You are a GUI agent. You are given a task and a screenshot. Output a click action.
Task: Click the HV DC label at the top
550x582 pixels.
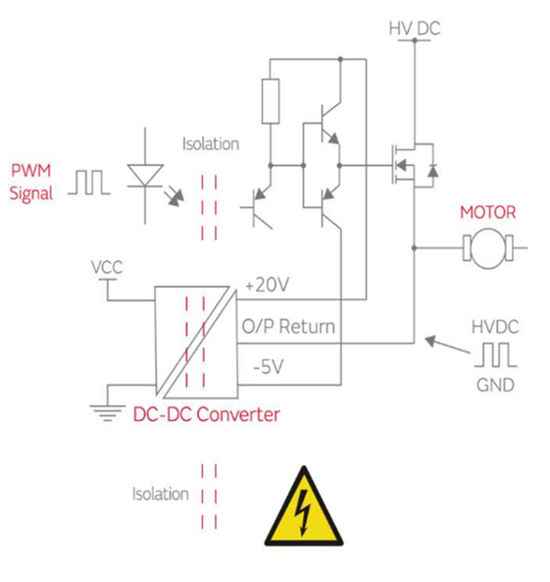414,29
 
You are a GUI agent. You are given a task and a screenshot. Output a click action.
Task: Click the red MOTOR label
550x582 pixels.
487,212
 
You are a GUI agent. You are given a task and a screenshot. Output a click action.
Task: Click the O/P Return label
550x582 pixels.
288,326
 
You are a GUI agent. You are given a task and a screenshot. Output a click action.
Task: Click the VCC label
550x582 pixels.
107,266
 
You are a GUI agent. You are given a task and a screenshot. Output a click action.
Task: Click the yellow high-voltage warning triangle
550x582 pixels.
303,508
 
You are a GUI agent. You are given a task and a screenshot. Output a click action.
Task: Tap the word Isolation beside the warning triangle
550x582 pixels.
160,494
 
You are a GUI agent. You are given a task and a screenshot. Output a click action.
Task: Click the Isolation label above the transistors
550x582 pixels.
211,143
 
